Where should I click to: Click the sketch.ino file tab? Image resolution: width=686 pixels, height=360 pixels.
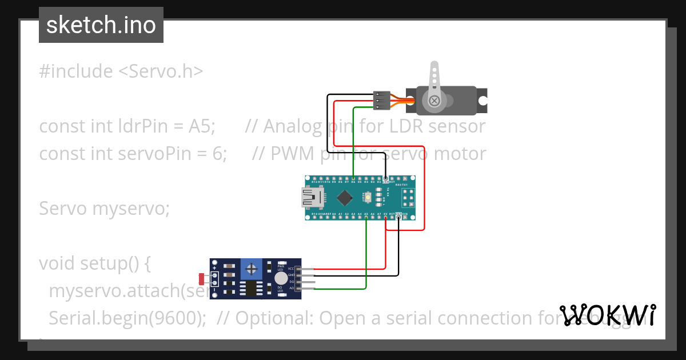click(101, 25)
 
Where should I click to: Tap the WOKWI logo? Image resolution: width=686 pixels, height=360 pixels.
click(608, 315)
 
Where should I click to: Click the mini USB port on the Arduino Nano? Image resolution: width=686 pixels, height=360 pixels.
click(312, 198)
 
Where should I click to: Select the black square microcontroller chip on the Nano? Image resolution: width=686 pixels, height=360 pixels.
click(344, 198)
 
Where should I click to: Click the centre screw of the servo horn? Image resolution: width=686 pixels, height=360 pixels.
click(435, 101)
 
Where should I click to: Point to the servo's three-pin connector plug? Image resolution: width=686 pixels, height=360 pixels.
click(381, 100)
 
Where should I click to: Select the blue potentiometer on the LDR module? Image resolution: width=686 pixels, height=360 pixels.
click(250, 268)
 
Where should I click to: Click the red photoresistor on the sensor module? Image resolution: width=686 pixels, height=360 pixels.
click(202, 279)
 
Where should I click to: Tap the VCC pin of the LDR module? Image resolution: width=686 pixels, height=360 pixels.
click(306, 269)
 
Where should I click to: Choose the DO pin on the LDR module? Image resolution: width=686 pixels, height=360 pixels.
click(306, 282)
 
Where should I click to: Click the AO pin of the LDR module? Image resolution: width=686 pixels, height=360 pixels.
click(306, 289)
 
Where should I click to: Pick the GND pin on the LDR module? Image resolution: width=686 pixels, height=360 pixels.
click(306, 275)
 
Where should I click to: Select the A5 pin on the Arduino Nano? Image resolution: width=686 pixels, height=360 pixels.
click(366, 215)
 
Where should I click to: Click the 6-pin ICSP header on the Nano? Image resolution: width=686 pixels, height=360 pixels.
click(408, 198)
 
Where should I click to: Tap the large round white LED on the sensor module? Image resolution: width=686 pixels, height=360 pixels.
click(281, 278)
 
